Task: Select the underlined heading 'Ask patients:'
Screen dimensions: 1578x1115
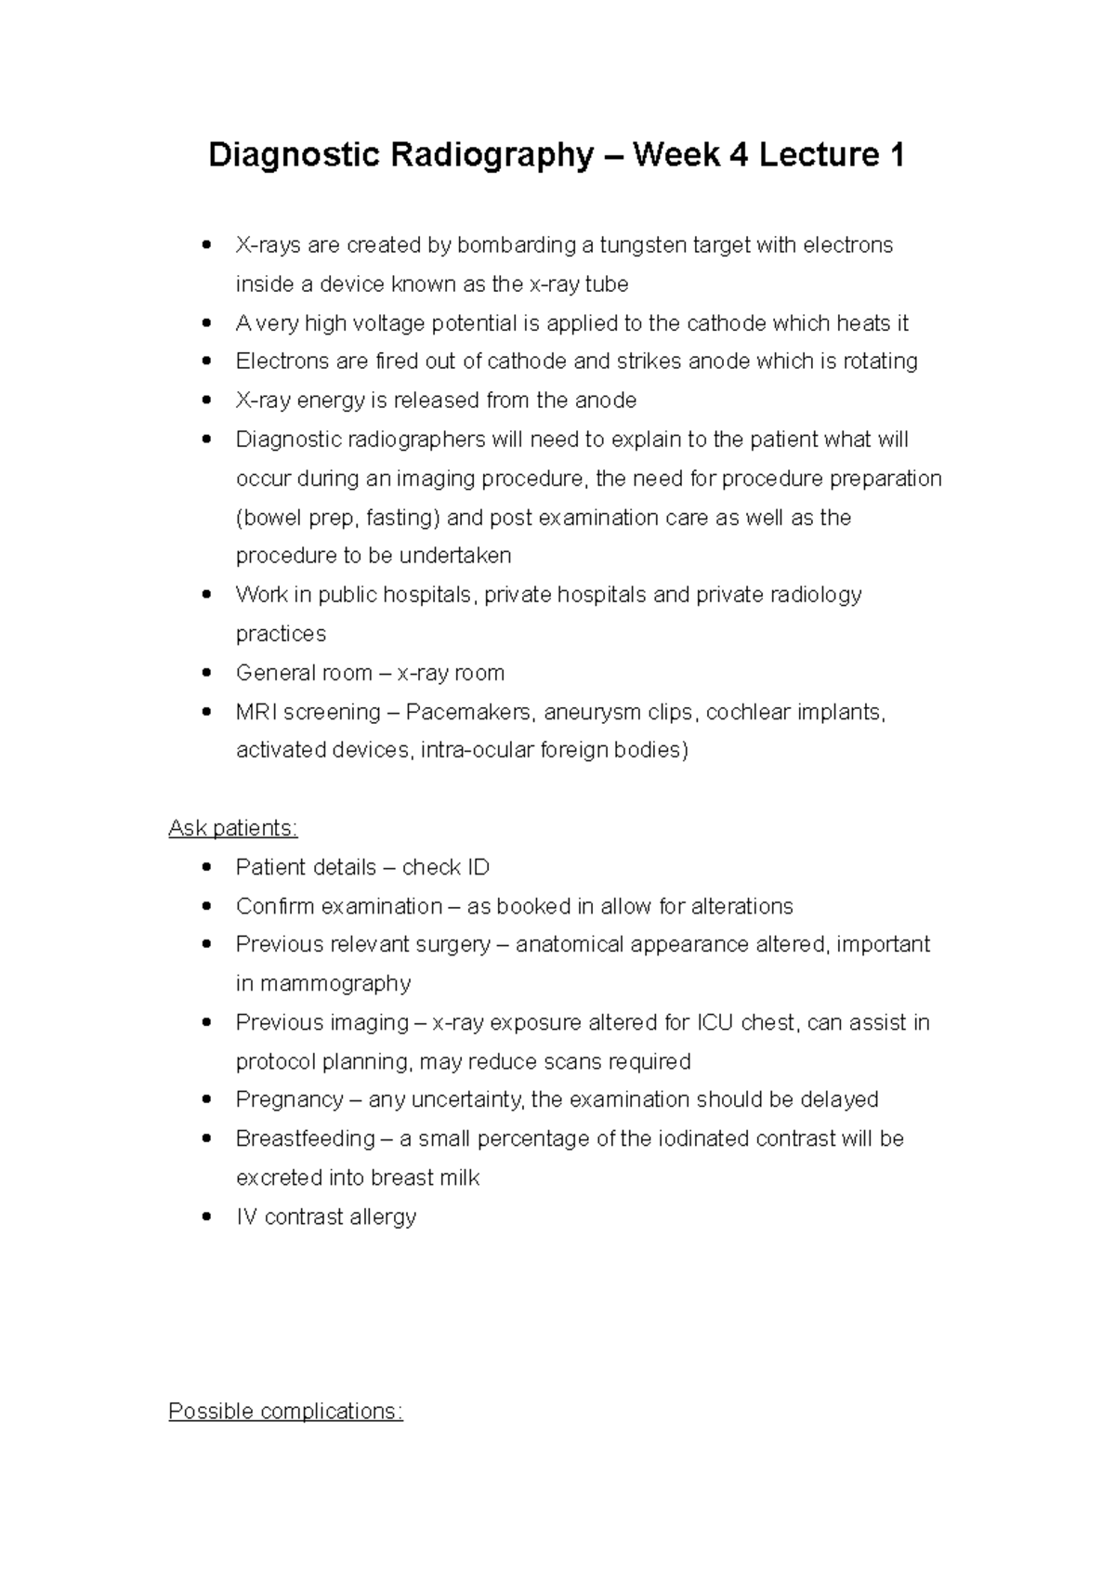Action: (233, 828)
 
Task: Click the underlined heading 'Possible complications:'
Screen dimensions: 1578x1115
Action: (285, 1411)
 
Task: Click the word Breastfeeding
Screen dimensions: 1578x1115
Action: (306, 1138)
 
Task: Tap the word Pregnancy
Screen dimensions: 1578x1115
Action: (290, 1099)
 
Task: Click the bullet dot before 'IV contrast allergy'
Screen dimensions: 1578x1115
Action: (207, 1216)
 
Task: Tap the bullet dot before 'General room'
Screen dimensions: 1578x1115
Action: (207, 673)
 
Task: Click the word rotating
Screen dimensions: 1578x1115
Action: (880, 362)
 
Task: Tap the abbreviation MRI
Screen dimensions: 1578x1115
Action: (256, 712)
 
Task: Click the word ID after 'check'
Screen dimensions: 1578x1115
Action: (479, 867)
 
